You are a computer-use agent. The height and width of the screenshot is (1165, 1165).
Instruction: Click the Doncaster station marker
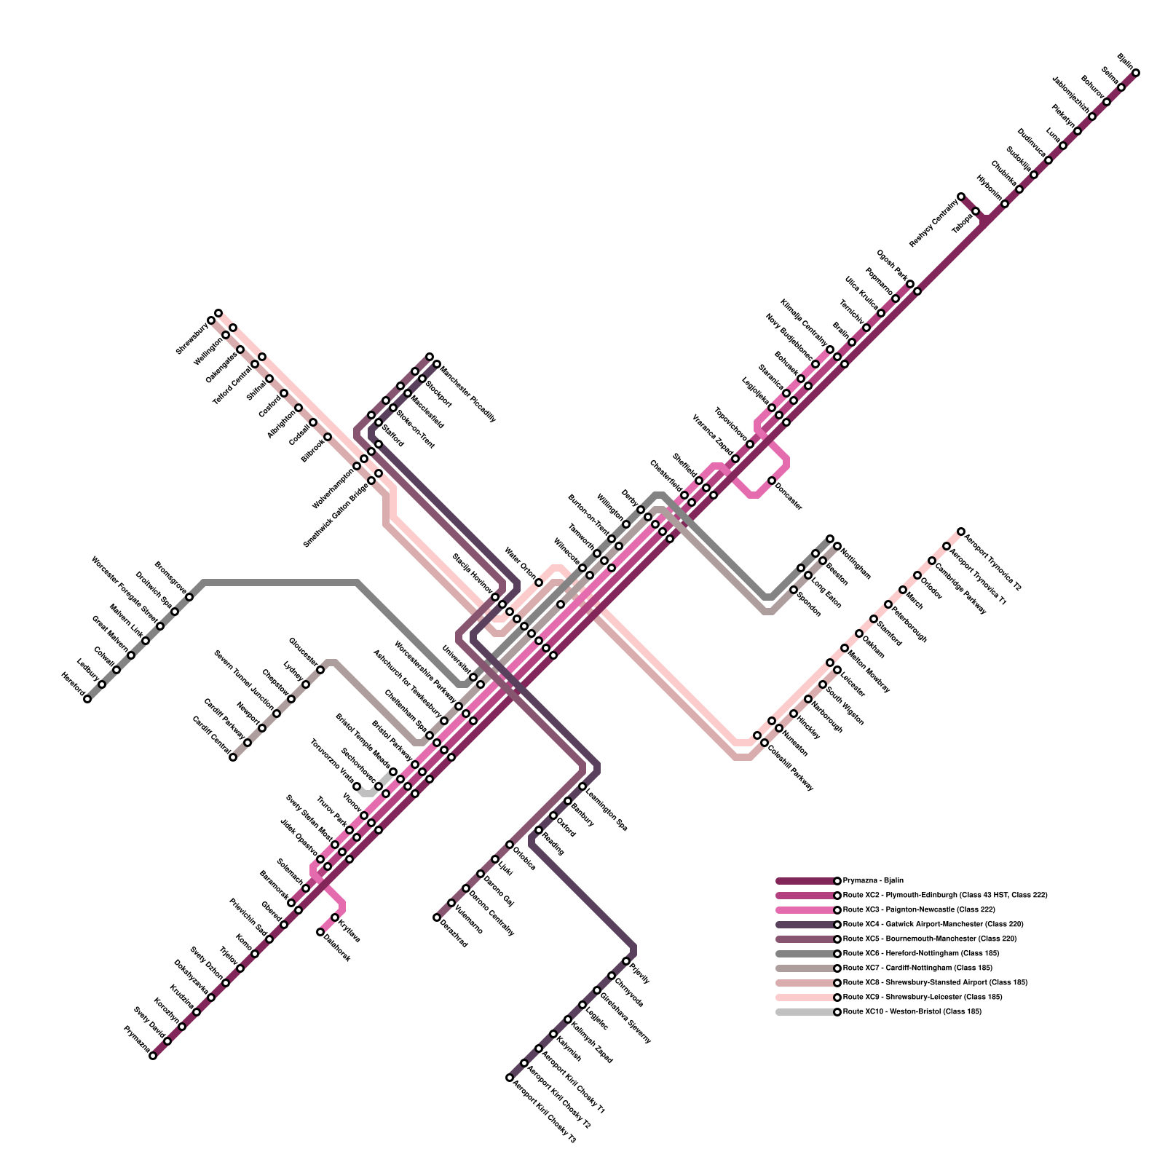click(x=772, y=481)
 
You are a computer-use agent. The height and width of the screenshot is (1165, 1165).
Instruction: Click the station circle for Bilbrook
click(x=328, y=437)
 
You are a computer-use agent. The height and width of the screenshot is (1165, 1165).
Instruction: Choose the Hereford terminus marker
click(x=87, y=699)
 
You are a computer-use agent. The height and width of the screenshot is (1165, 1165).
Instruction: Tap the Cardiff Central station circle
click(x=233, y=757)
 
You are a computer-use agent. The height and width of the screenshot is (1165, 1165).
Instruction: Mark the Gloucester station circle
click(x=320, y=670)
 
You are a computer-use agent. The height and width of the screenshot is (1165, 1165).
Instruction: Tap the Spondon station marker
click(x=794, y=590)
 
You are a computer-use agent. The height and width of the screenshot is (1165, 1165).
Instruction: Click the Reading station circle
click(x=539, y=830)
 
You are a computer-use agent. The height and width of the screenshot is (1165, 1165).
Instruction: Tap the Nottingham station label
click(x=856, y=563)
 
